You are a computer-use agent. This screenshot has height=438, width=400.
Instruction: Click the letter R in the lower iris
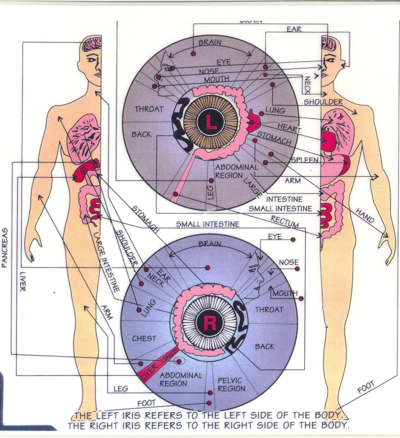click(x=210, y=323)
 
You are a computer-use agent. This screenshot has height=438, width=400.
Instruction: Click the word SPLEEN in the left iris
click(x=305, y=160)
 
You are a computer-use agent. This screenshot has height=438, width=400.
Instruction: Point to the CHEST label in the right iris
click(x=144, y=338)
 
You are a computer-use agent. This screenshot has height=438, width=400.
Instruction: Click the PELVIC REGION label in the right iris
click(x=231, y=384)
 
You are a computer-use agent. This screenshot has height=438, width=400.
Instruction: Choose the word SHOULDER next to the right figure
click(x=323, y=102)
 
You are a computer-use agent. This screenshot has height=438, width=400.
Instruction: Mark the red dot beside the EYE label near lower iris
click(x=293, y=240)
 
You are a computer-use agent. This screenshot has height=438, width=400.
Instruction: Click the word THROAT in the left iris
click(x=149, y=109)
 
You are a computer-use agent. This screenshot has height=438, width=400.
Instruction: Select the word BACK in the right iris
click(x=265, y=347)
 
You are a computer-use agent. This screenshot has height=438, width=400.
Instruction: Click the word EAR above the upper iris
click(x=294, y=29)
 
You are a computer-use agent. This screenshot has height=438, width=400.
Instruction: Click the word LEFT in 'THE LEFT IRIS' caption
click(x=107, y=415)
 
